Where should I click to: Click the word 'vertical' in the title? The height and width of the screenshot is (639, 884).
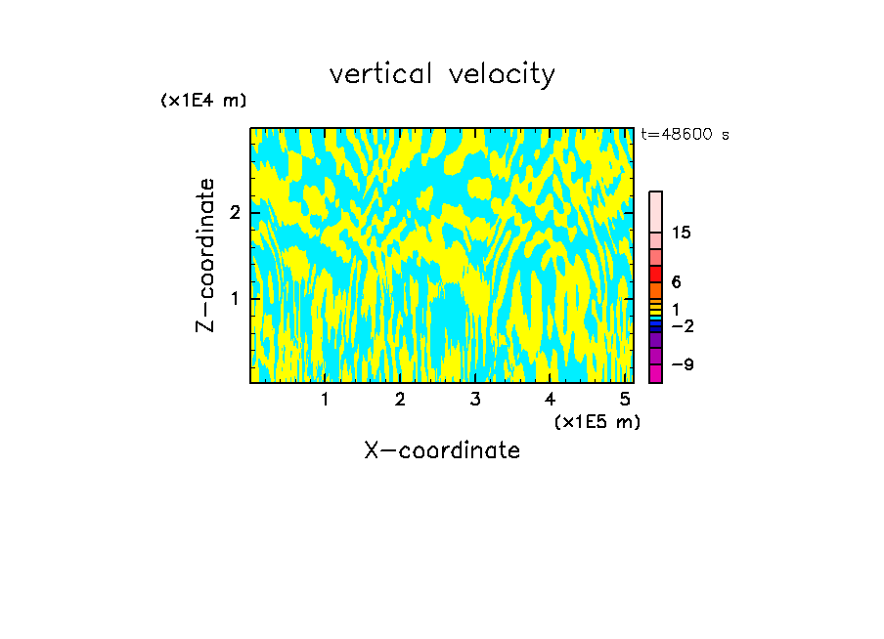(382, 74)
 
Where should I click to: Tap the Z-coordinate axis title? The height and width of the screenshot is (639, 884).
(205, 255)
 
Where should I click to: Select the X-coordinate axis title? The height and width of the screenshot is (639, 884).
(442, 450)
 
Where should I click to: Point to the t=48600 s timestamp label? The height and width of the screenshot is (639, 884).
(685, 135)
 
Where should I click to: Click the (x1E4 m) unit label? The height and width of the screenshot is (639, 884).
(203, 100)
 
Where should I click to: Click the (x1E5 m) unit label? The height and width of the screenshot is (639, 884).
(597, 421)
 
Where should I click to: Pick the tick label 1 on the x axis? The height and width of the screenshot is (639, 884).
(325, 399)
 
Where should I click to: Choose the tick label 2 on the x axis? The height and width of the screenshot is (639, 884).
(400, 399)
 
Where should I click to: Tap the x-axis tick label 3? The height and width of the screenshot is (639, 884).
(475, 399)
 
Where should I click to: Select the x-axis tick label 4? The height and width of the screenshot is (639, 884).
(551, 399)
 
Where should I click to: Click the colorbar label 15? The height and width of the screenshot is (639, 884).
(682, 233)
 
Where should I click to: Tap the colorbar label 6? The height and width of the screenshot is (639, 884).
(676, 281)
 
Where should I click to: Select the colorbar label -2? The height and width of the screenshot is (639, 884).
(682, 326)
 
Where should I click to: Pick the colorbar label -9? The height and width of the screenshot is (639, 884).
(682, 364)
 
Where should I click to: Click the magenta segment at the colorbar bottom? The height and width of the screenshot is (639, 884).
(655, 373)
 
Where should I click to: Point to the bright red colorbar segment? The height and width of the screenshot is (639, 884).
(655, 274)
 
